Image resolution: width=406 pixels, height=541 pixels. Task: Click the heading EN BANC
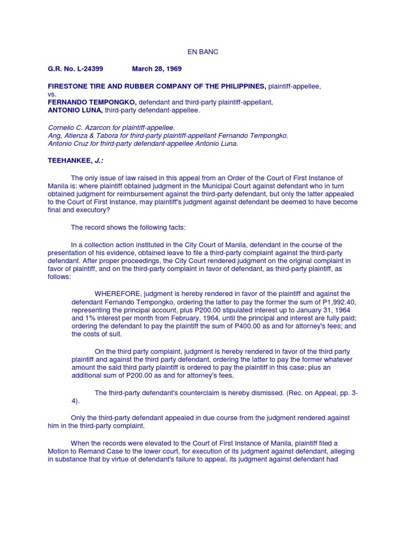(x=203, y=52)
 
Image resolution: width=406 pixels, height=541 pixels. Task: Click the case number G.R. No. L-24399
(x=76, y=69)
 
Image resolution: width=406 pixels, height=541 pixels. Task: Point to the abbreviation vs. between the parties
(x=52, y=94)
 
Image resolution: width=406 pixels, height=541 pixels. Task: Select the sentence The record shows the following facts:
(x=128, y=227)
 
